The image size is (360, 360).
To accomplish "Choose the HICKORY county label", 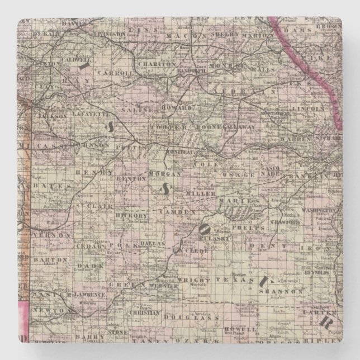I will pyautogui.click(x=126, y=214).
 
